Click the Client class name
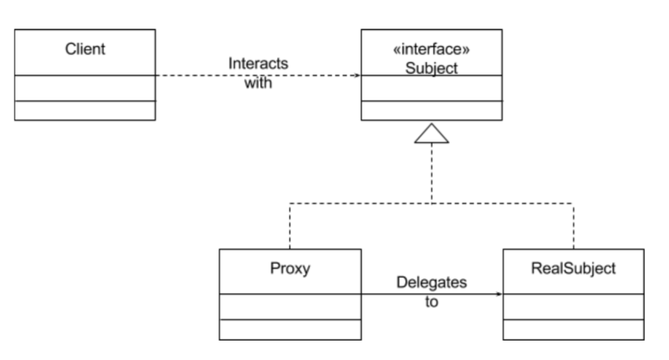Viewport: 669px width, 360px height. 85,49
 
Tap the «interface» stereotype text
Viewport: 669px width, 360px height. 432,49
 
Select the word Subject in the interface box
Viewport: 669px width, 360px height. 432,68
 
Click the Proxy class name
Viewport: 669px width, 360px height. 290,269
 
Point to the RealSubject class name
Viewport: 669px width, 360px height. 573,269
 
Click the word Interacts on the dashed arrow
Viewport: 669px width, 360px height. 258,64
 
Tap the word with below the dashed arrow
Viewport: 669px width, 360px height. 258,82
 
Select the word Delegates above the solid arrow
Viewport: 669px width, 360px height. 432,282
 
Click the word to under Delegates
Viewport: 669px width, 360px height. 432,302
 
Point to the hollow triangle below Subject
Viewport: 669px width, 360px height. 432,134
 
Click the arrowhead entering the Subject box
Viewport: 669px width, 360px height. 358,75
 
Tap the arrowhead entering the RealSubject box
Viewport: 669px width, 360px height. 499,294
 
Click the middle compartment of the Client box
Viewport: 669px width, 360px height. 85,89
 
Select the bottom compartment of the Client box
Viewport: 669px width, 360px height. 85,110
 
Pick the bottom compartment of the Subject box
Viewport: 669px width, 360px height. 432,110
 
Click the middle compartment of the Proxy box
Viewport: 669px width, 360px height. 290,306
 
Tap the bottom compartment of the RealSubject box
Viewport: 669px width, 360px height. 573,330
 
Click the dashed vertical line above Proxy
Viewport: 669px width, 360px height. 289,226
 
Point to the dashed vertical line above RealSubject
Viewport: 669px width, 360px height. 573,226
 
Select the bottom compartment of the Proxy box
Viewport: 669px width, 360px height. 290,330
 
